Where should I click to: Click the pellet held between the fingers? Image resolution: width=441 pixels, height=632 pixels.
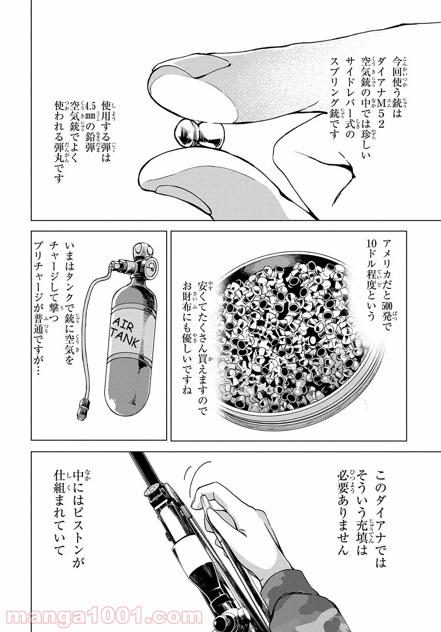coord(200,132)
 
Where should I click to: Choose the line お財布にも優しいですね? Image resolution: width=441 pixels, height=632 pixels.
coord(187,338)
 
